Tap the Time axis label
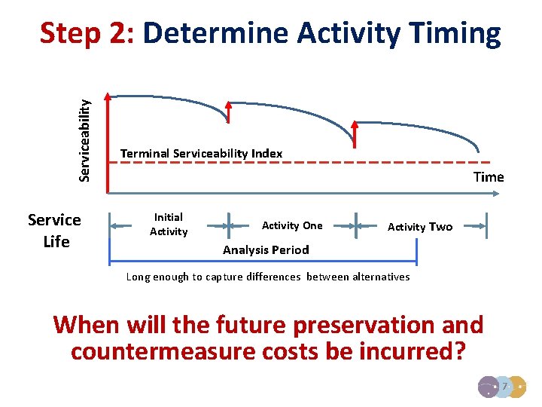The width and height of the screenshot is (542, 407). (489, 177)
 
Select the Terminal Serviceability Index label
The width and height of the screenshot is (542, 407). (201, 154)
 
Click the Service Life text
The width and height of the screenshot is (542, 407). (54, 231)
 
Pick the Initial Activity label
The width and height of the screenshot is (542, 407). (169, 225)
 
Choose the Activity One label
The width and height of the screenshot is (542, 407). (292, 225)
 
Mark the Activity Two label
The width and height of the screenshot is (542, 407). (420, 227)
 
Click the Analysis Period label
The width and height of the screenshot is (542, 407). (266, 249)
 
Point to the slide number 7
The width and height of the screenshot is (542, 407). (506, 386)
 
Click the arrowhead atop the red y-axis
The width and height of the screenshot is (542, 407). (108, 96)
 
